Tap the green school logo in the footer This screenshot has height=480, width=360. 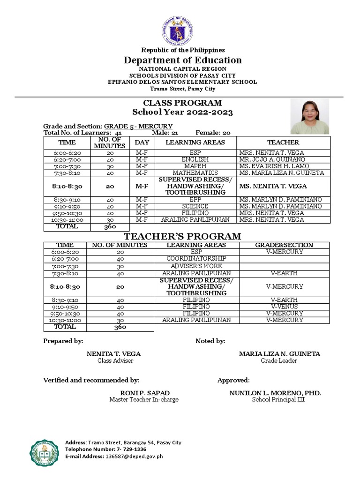(45, 449)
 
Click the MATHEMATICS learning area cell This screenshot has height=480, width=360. (195, 173)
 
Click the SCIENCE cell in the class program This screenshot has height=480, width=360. (195, 206)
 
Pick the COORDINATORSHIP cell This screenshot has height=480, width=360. (196, 258)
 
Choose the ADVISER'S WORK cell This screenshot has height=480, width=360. (196, 266)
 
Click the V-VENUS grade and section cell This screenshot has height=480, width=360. (285, 307)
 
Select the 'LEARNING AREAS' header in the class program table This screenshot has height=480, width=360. (195, 142)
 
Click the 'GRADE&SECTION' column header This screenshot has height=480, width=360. (285, 245)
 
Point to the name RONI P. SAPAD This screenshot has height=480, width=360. (144, 392)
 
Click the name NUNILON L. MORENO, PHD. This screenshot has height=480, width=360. (275, 392)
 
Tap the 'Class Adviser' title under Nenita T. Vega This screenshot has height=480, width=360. (115, 361)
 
